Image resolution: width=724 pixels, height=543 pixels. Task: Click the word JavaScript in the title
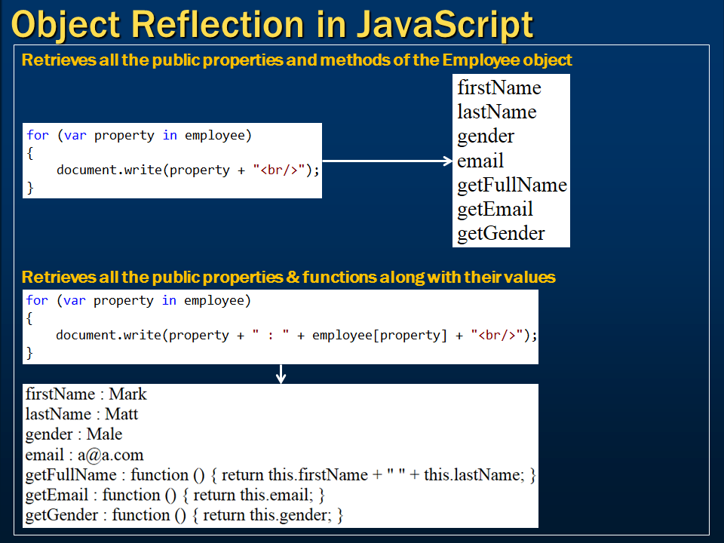coord(445,25)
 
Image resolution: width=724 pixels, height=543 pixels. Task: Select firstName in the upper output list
coord(499,87)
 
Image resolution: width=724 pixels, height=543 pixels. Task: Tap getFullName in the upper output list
coord(512,186)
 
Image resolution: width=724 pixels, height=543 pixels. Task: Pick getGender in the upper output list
coord(501,234)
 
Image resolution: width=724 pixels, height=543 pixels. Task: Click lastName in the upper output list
coord(497,112)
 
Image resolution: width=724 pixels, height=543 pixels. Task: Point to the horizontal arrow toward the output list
coord(387,161)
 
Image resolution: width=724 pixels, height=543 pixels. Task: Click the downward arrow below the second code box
coord(281,374)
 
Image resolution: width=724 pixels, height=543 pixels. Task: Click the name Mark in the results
coord(127,394)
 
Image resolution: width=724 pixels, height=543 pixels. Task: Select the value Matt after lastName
coord(121,414)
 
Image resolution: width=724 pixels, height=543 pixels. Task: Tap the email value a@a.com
coord(110,455)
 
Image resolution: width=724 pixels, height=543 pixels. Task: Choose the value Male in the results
coord(104,434)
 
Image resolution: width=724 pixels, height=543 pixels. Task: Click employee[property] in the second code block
coord(379,335)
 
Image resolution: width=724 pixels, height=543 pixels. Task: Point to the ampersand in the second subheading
coord(293,277)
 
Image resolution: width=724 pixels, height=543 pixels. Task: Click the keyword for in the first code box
coord(38,135)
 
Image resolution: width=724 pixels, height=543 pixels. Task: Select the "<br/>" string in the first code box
coord(279,170)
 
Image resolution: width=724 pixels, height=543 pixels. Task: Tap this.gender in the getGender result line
coord(290,515)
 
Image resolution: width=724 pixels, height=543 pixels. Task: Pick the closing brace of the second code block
coord(29,353)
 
